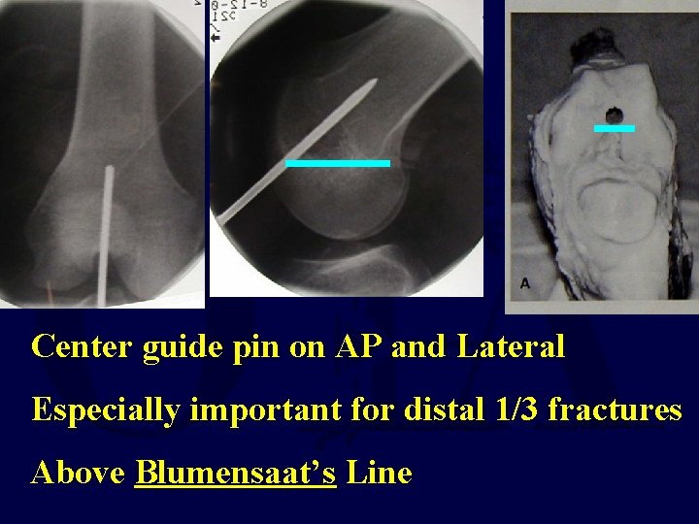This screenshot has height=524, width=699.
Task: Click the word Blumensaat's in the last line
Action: click(x=236, y=474)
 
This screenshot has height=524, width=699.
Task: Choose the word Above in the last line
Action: click(x=79, y=474)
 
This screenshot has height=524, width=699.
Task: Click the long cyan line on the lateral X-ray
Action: click(x=337, y=163)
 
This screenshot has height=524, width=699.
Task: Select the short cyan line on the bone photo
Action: click(x=614, y=127)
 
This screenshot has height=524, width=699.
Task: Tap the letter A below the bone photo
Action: click(x=525, y=284)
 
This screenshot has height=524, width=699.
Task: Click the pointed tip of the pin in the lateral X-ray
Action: click(x=374, y=83)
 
